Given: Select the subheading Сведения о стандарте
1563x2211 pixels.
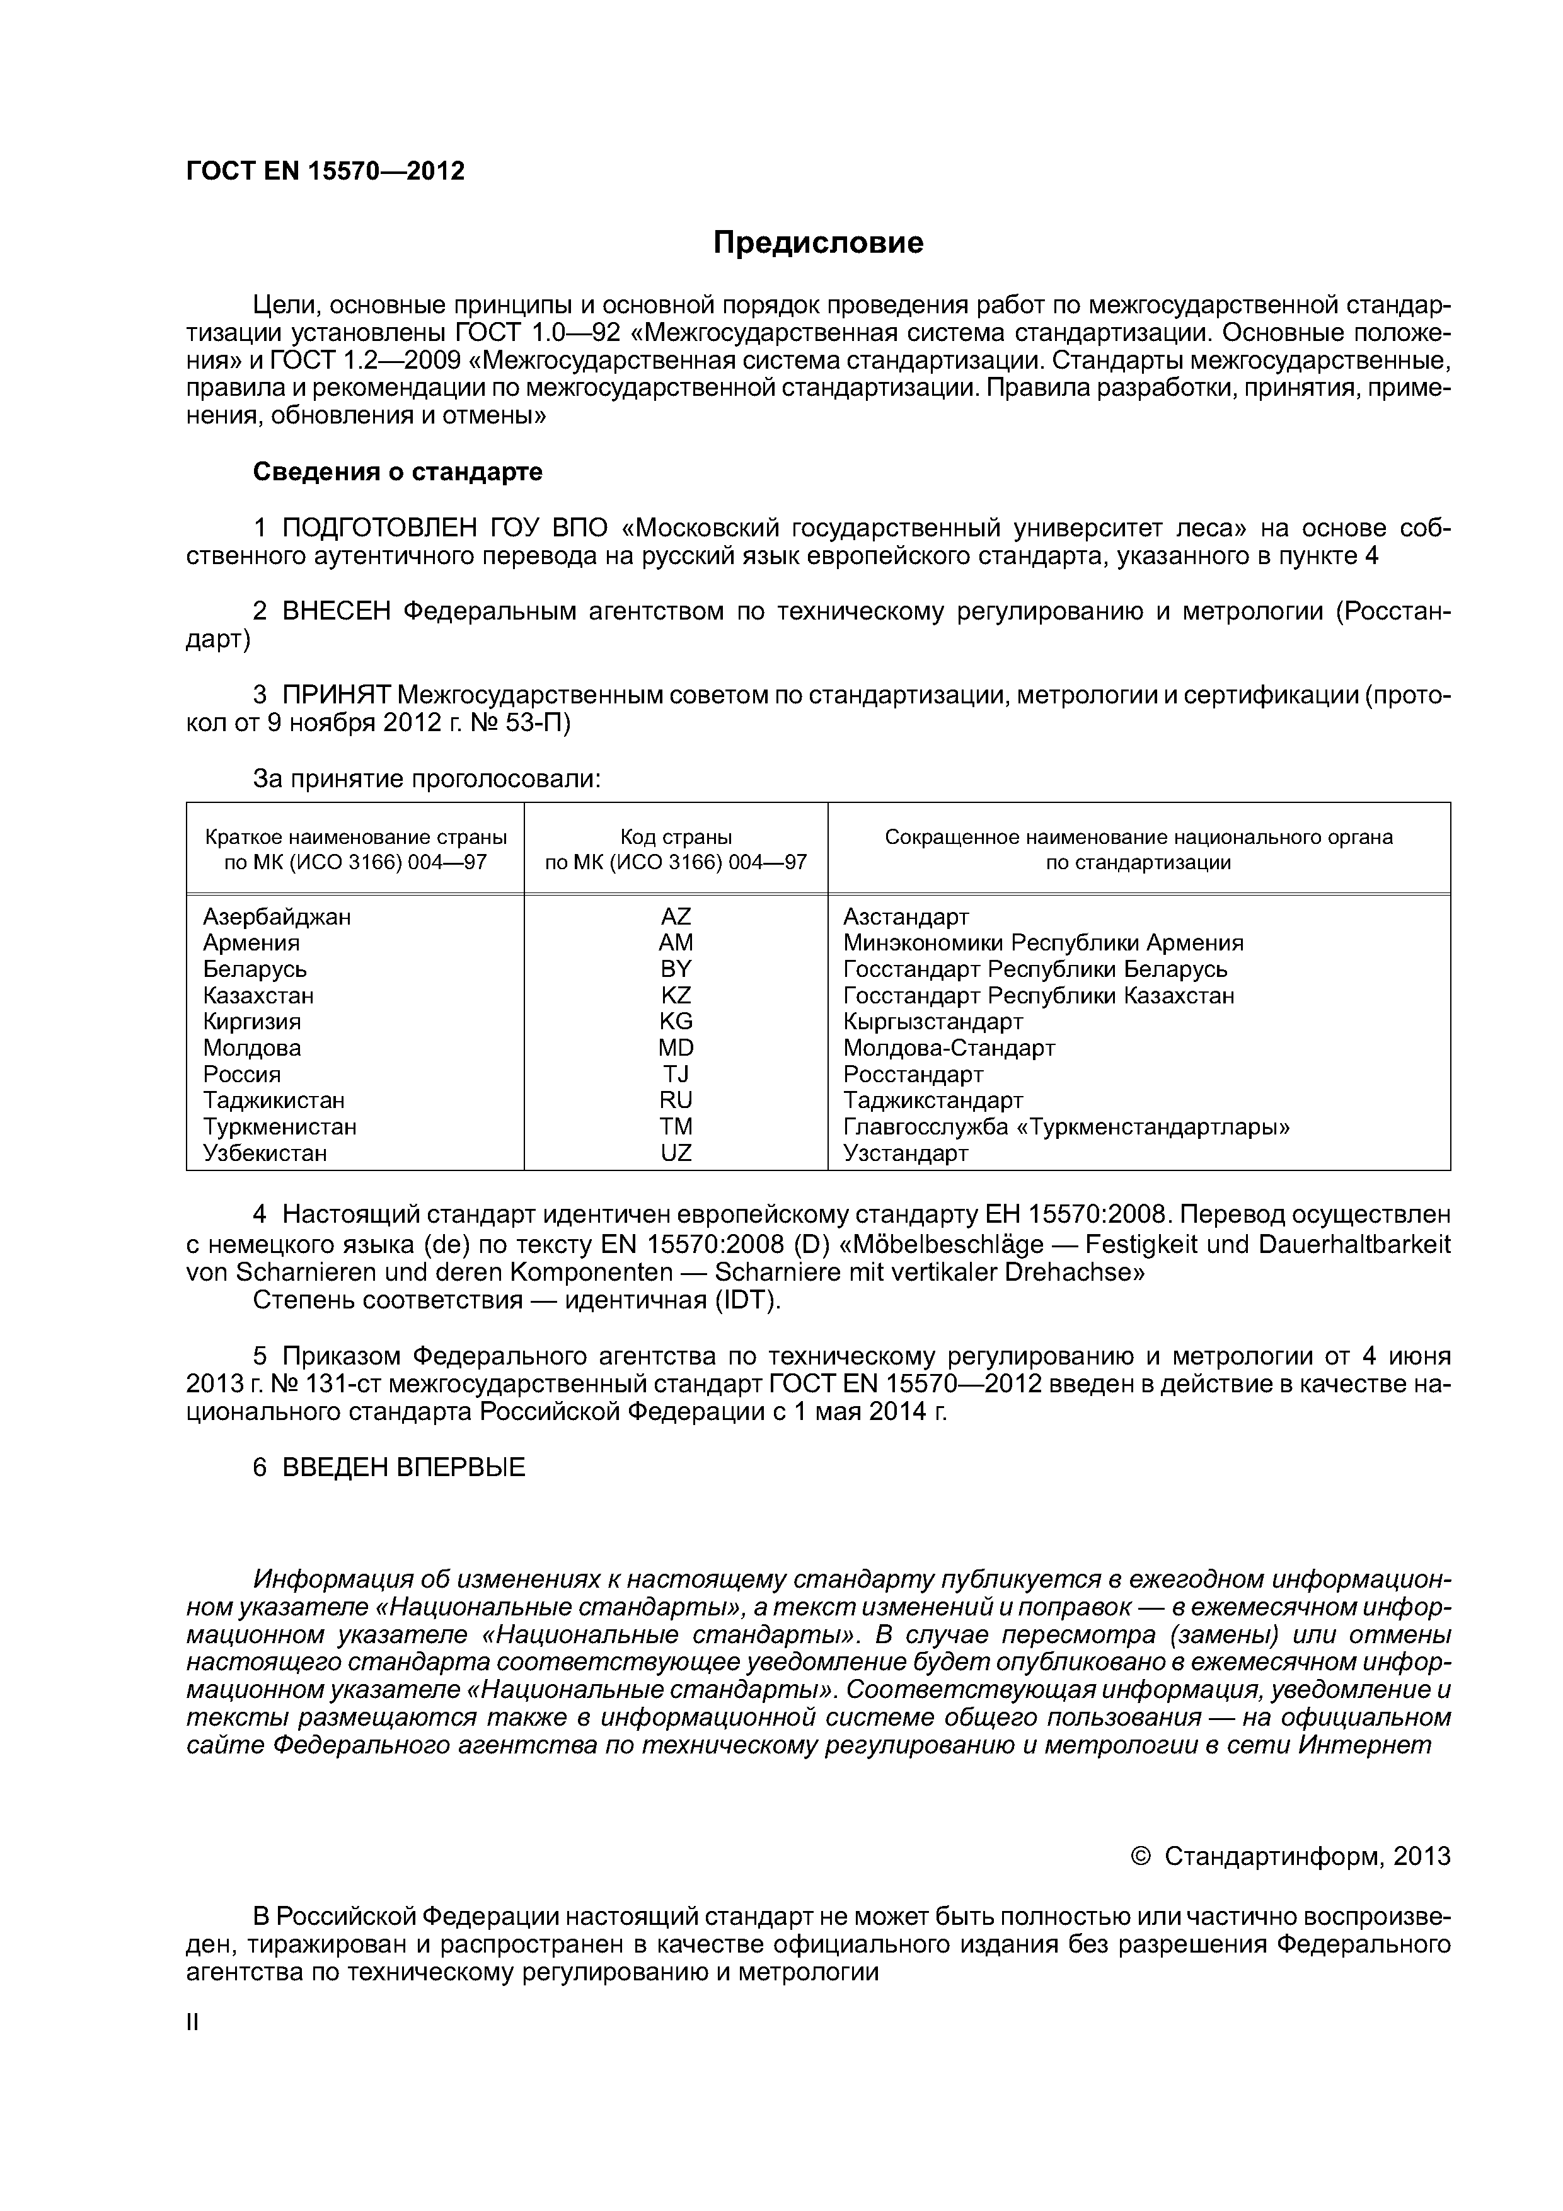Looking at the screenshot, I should [397, 472].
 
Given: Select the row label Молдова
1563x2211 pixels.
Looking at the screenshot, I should [251, 1048].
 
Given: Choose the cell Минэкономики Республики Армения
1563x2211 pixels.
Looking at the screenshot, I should [1043, 943].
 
